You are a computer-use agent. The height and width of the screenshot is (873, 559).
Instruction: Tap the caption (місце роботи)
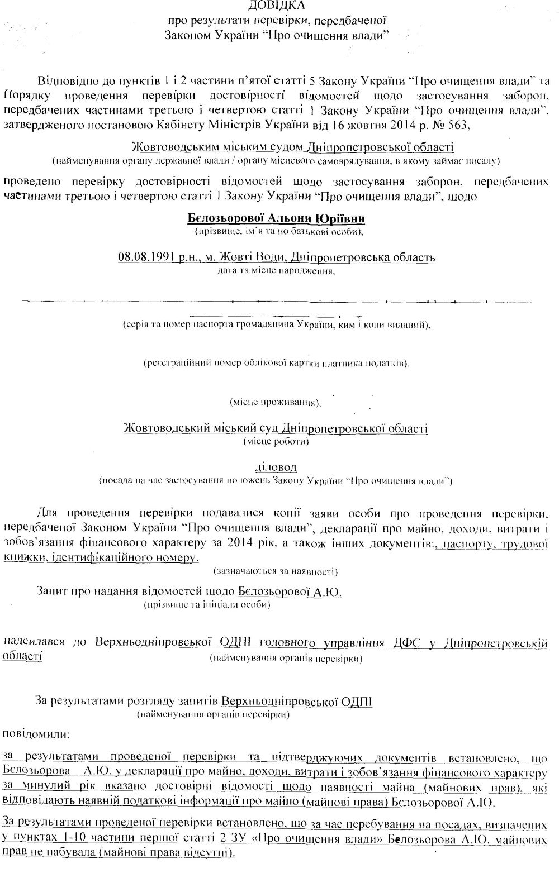276,441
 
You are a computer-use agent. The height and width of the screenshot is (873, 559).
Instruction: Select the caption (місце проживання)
276,402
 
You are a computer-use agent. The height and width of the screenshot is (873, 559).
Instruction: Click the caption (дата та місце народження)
276,271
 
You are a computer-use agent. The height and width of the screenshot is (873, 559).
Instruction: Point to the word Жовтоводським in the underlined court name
168,147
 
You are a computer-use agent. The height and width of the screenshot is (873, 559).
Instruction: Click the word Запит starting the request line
51,591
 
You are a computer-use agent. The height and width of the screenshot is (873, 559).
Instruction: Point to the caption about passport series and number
276,325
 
